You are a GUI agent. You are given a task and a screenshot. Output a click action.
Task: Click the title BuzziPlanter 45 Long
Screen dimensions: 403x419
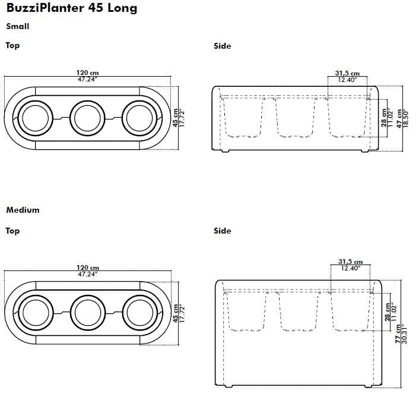tap(72, 8)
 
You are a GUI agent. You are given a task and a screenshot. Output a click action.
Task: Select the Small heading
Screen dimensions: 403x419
tap(17, 27)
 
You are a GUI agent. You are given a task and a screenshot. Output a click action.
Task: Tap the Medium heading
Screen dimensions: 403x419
tap(23, 210)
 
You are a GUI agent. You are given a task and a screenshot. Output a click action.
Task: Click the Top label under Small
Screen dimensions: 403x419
tap(12, 46)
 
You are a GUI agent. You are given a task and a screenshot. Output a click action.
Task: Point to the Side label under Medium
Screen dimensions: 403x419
tap(222, 231)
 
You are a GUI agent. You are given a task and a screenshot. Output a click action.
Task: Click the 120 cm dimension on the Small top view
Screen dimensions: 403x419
tap(88, 73)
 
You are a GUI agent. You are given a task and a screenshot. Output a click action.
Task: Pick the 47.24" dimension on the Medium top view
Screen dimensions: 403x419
tap(88, 275)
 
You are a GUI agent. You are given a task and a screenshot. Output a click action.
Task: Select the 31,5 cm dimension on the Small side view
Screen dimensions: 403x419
tap(347, 74)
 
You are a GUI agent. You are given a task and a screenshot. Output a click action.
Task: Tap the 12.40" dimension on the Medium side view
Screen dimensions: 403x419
tap(350, 269)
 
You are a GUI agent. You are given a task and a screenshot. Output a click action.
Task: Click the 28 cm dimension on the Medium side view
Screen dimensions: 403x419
tap(388, 311)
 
